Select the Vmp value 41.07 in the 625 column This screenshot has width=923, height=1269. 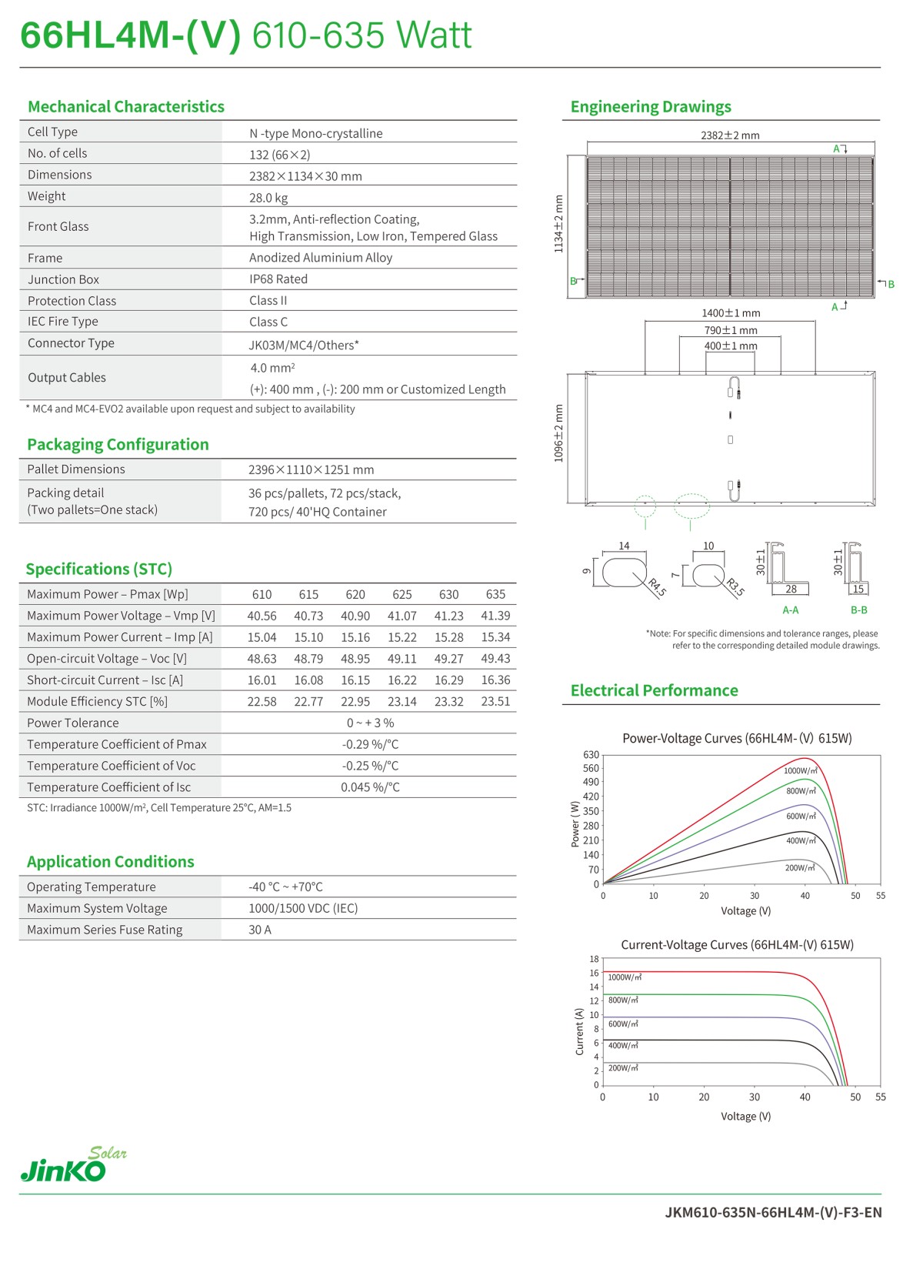pyautogui.click(x=402, y=616)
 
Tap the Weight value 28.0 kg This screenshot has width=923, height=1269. pyautogui.click(x=268, y=198)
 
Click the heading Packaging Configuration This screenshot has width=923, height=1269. pyautogui.click(x=118, y=445)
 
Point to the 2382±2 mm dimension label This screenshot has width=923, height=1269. pyautogui.click(x=729, y=135)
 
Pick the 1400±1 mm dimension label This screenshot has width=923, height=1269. pyautogui.click(x=730, y=313)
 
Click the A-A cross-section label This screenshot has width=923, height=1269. pyautogui.click(x=790, y=610)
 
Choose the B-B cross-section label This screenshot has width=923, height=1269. pyautogui.click(x=858, y=610)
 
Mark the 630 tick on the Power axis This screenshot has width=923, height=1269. pyautogui.click(x=591, y=755)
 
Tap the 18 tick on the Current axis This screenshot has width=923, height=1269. pyautogui.click(x=594, y=959)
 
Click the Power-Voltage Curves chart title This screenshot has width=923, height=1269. pyautogui.click(x=737, y=739)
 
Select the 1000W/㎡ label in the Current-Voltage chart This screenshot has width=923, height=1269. pyautogui.click(x=625, y=977)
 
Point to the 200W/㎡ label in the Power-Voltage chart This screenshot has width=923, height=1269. pyautogui.click(x=799, y=868)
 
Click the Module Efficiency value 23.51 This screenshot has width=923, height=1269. pyautogui.click(x=495, y=702)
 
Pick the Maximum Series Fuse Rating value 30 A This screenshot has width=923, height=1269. pyautogui.click(x=260, y=930)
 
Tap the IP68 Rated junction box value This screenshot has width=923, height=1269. pyautogui.click(x=278, y=279)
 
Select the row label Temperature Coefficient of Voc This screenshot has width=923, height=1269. pyautogui.click(x=112, y=766)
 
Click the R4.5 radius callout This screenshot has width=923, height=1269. pyautogui.click(x=657, y=588)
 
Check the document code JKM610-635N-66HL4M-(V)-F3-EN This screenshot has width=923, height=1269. pyautogui.click(x=773, y=1213)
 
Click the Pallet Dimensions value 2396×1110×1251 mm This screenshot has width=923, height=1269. pyautogui.click(x=311, y=469)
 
